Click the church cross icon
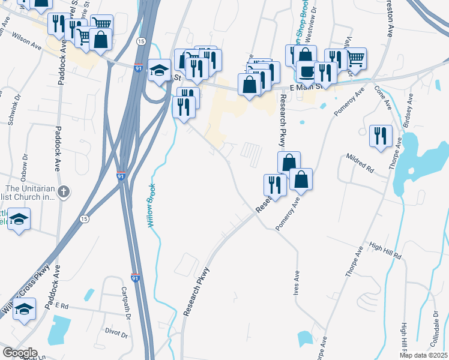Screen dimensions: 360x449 (65, 192)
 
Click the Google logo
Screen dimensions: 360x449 (19, 353)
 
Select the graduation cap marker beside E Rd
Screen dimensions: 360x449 (25, 310)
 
